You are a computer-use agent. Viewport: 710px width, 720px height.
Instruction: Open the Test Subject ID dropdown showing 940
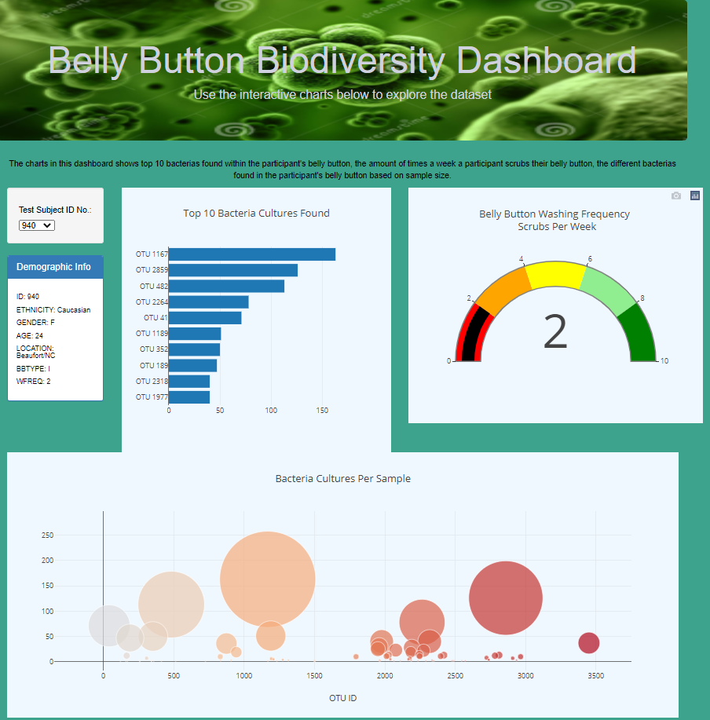37,225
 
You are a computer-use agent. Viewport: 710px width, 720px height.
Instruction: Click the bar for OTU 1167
251,254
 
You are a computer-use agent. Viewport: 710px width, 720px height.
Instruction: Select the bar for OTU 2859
232,270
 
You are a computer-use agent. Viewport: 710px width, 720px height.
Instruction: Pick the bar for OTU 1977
188,397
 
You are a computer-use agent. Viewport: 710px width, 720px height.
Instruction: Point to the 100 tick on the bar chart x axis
272,410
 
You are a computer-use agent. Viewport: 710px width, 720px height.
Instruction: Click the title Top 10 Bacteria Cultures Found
256,214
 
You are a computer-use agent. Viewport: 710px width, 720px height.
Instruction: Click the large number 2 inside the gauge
555,333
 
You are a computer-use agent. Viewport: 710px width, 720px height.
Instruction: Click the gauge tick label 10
664,361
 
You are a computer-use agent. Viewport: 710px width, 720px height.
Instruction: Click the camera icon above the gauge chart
676,196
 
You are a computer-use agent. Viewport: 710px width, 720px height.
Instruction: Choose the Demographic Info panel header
54,267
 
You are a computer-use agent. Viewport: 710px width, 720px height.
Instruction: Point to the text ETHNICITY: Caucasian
53,310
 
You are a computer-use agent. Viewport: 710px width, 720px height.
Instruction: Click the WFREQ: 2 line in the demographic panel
33,382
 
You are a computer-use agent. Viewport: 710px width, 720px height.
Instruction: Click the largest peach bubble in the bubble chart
268,579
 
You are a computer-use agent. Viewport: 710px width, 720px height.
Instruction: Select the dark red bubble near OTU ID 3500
588,643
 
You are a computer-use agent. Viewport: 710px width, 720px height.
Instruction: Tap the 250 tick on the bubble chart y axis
47,535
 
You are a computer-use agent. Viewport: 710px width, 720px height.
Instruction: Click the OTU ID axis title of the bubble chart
343,697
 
